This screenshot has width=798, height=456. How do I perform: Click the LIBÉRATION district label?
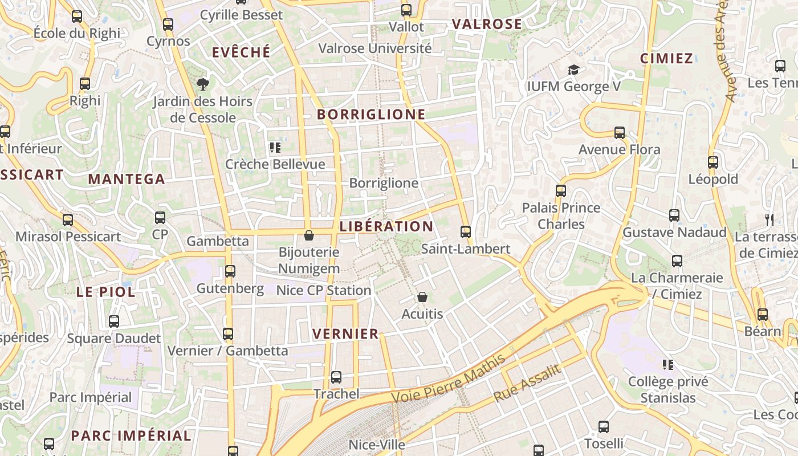pyautogui.click(x=386, y=226)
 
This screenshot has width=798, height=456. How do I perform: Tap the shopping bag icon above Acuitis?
pyautogui.click(x=422, y=297)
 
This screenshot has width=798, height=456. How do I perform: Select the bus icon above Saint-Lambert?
pyautogui.click(x=466, y=232)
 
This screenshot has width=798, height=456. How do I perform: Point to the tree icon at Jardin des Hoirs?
pyautogui.click(x=202, y=85)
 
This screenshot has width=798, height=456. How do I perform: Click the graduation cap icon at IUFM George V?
pyautogui.click(x=573, y=70)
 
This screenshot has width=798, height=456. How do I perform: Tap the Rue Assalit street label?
pyautogui.click(x=527, y=382)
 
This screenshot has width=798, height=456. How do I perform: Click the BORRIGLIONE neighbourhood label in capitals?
pyautogui.click(x=371, y=114)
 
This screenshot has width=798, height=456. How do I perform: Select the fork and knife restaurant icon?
pyautogui.click(x=769, y=219)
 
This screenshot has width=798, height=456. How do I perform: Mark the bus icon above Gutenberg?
pyautogui.click(x=230, y=271)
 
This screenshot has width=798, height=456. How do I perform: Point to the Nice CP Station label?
pyautogui.click(x=324, y=290)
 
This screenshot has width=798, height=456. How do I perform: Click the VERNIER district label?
pyautogui.click(x=345, y=333)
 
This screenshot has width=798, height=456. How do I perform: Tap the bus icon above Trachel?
pyautogui.click(x=336, y=377)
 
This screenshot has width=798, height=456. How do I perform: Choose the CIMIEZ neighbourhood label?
pyautogui.click(x=666, y=58)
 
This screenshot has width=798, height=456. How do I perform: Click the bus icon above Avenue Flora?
pyautogui.click(x=620, y=133)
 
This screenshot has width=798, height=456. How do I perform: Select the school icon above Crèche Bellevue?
pyautogui.click(x=275, y=148)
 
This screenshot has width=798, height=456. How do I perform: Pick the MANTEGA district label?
pyautogui.click(x=127, y=179)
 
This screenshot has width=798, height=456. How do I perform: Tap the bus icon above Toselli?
pyautogui.click(x=604, y=426)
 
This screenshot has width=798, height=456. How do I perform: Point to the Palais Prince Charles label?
pyautogui.click(x=561, y=215)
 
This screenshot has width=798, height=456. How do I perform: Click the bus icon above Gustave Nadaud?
pyautogui.click(x=674, y=215)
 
